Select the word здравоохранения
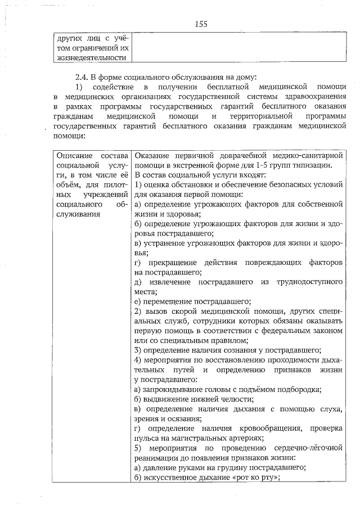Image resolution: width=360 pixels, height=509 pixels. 315,96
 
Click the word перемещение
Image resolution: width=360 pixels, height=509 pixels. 173,301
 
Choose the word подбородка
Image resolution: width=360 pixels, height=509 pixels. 297,389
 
